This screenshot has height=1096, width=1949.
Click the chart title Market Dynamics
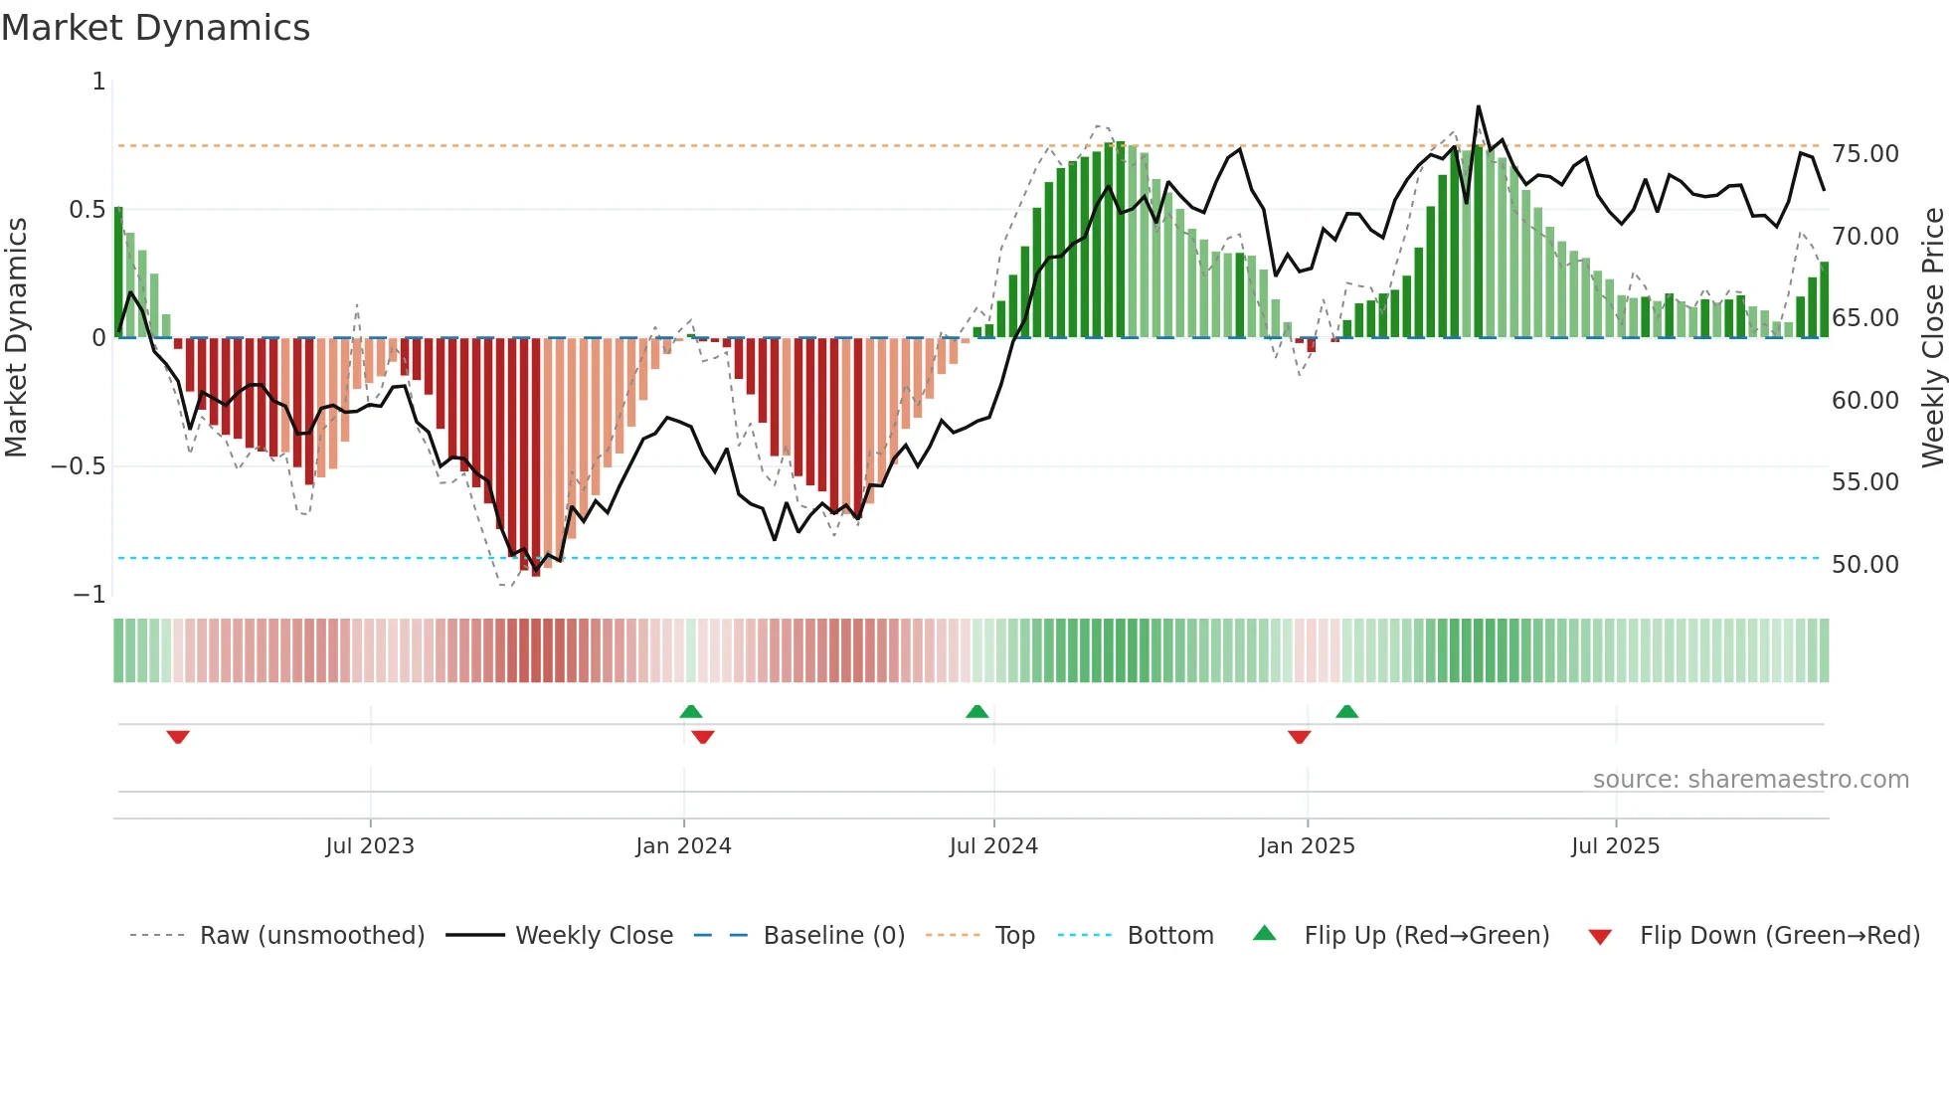(156, 28)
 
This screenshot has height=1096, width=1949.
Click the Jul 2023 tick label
(370, 846)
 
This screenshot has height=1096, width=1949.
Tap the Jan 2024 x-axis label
(683, 846)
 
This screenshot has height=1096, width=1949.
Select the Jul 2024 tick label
(993, 846)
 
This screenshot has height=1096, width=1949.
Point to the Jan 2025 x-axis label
(1307, 846)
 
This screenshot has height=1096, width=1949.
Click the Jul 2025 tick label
(1616, 846)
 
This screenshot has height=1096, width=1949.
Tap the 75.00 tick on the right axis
(1865, 154)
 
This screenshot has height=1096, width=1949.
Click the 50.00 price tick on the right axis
(1865, 565)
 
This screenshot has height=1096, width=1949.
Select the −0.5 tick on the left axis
(79, 466)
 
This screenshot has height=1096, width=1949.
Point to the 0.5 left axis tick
(87, 210)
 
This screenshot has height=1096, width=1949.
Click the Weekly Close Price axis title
(1932, 338)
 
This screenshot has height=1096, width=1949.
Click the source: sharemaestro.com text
(1750, 780)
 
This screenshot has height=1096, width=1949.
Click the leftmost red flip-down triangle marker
(178, 737)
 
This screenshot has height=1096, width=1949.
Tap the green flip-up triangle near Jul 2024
(977, 711)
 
